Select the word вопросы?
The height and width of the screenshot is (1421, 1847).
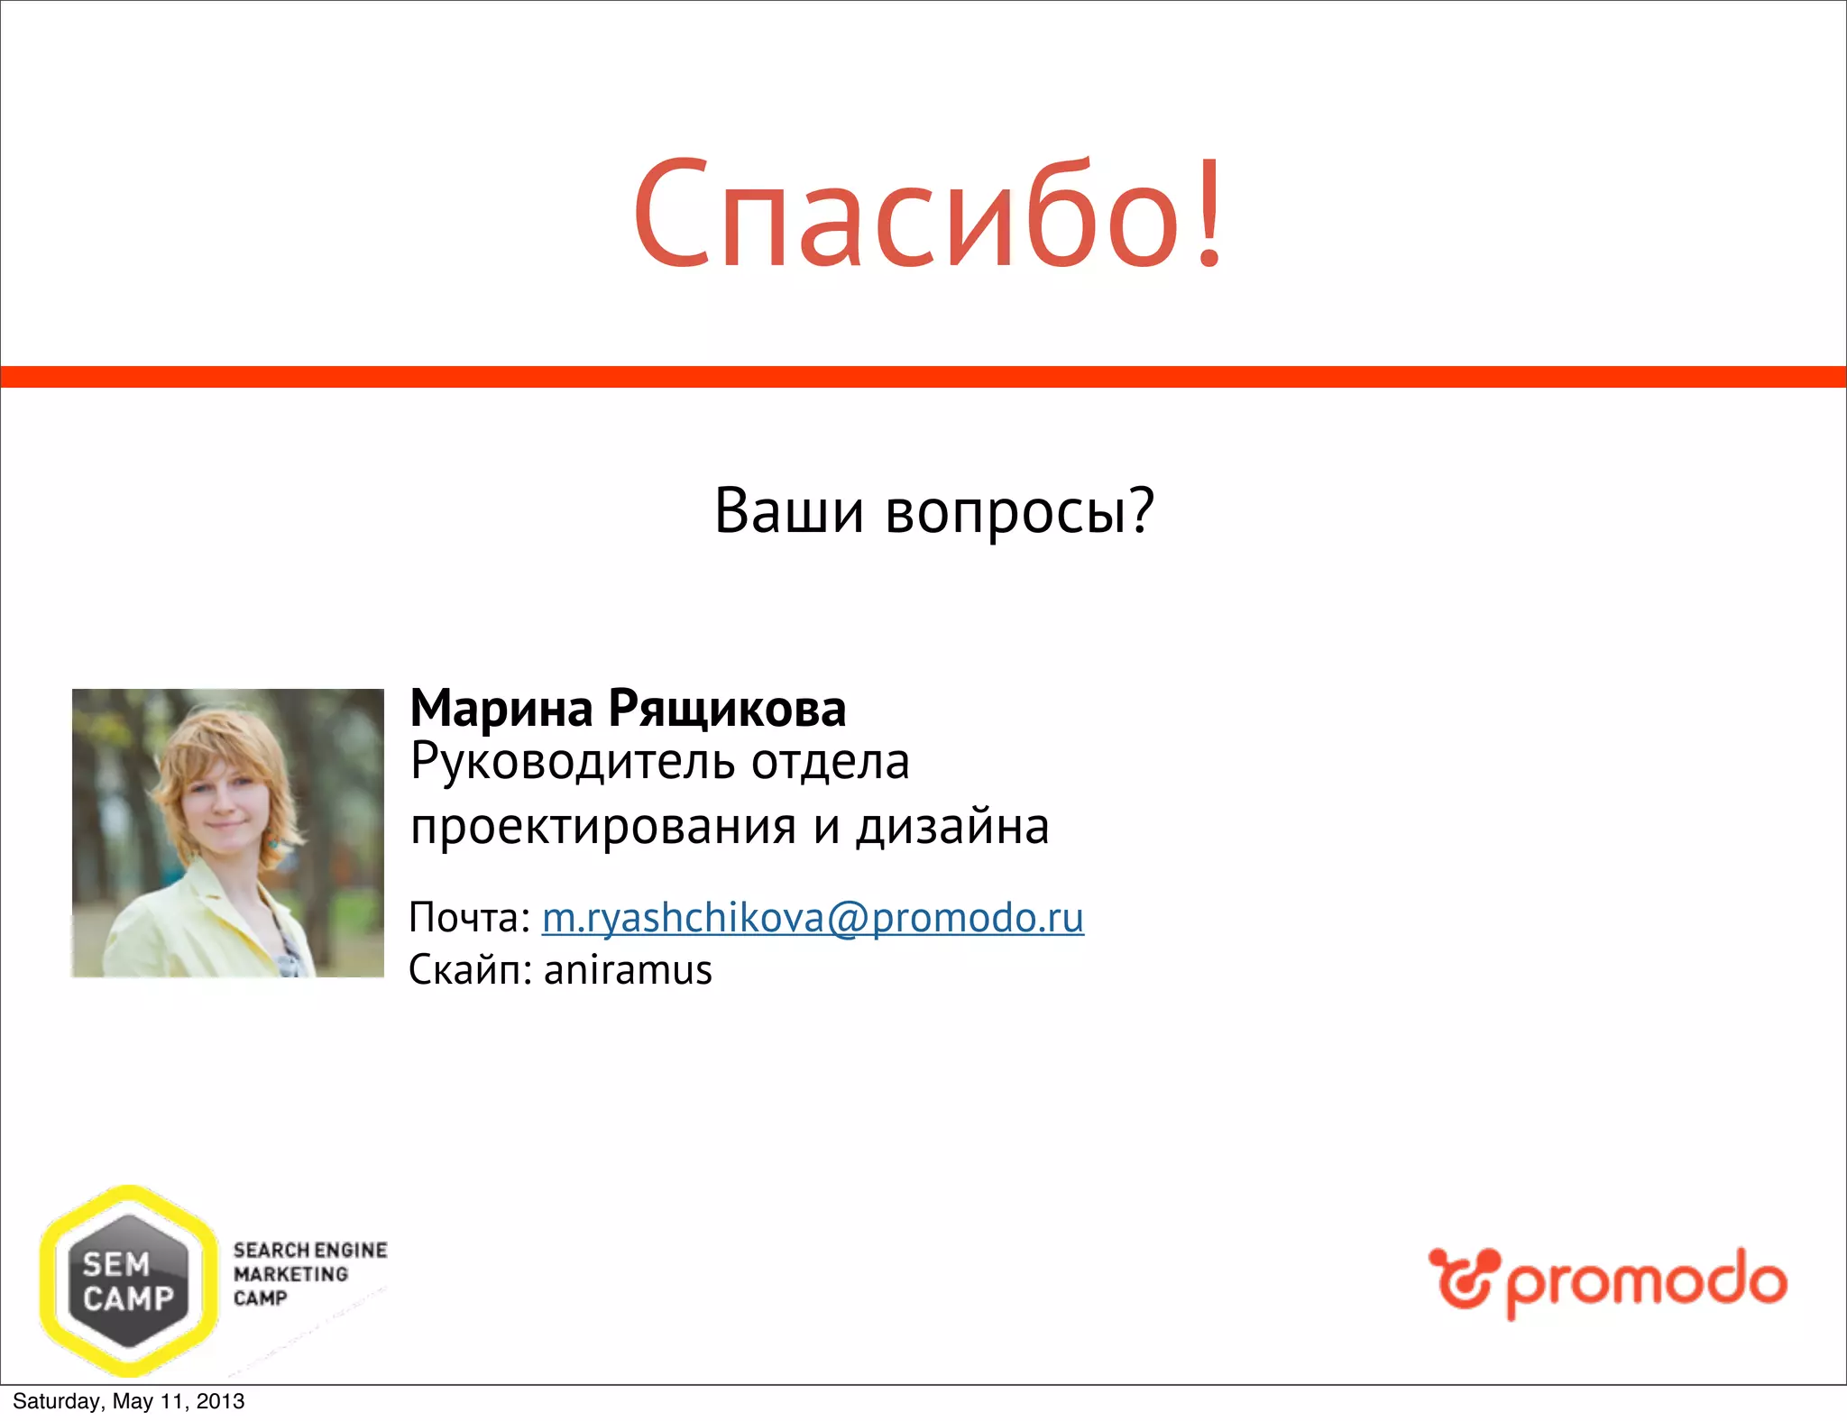1019,511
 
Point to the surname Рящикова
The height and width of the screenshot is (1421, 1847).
727,709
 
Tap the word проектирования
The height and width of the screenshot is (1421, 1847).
603,827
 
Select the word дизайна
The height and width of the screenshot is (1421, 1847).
952,827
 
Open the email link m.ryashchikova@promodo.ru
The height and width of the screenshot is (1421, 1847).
813,918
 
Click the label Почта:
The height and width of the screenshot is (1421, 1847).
469,918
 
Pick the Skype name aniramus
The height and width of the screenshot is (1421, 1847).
628,970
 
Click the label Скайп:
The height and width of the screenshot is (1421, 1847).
470,970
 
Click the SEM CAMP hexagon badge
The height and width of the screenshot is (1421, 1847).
129,1281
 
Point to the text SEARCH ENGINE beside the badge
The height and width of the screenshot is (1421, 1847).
310,1251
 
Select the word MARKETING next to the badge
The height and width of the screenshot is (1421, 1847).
290,1274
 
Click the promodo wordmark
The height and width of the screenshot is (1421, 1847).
1645,1281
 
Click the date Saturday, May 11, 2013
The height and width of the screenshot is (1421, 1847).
128,1401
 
